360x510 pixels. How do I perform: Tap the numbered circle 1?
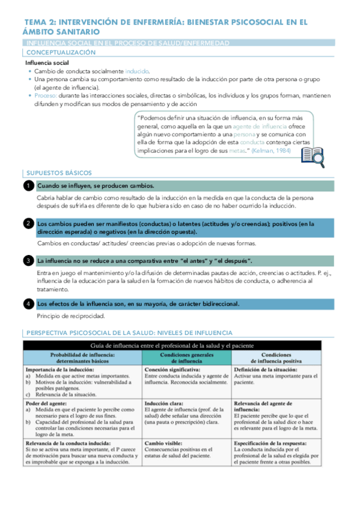(28, 186)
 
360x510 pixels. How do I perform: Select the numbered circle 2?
(28, 224)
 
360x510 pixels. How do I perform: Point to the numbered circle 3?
(28, 260)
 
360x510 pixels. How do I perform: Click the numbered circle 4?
(28, 304)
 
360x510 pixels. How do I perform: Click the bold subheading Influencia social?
(47, 63)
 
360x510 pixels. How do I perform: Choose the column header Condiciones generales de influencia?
(186, 358)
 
